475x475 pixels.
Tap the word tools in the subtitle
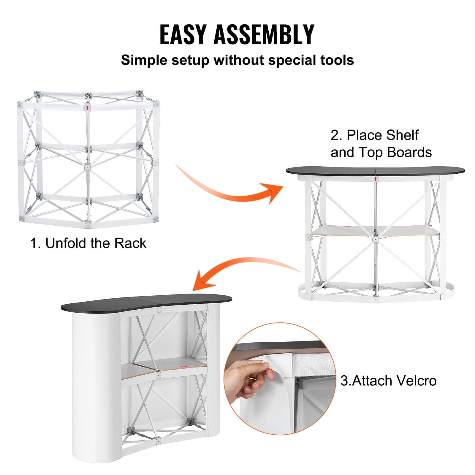coord(337,60)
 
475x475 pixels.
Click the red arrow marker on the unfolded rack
coord(87,107)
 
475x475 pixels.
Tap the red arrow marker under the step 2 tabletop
coord(376,179)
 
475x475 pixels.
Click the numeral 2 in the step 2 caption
coord(335,135)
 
